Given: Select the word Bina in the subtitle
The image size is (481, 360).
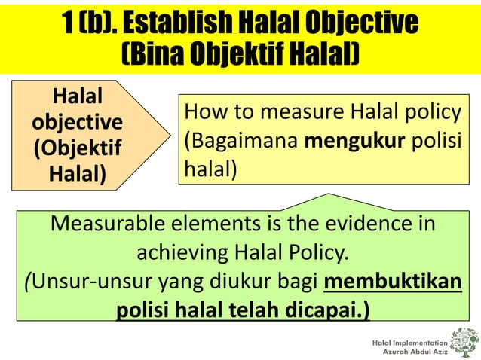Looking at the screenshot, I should click(151, 54).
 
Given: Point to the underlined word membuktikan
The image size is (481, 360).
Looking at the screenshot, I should click(392, 281).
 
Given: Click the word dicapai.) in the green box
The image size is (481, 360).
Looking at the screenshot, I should click(327, 310).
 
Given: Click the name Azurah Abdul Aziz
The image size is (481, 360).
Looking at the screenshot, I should click(415, 352).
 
